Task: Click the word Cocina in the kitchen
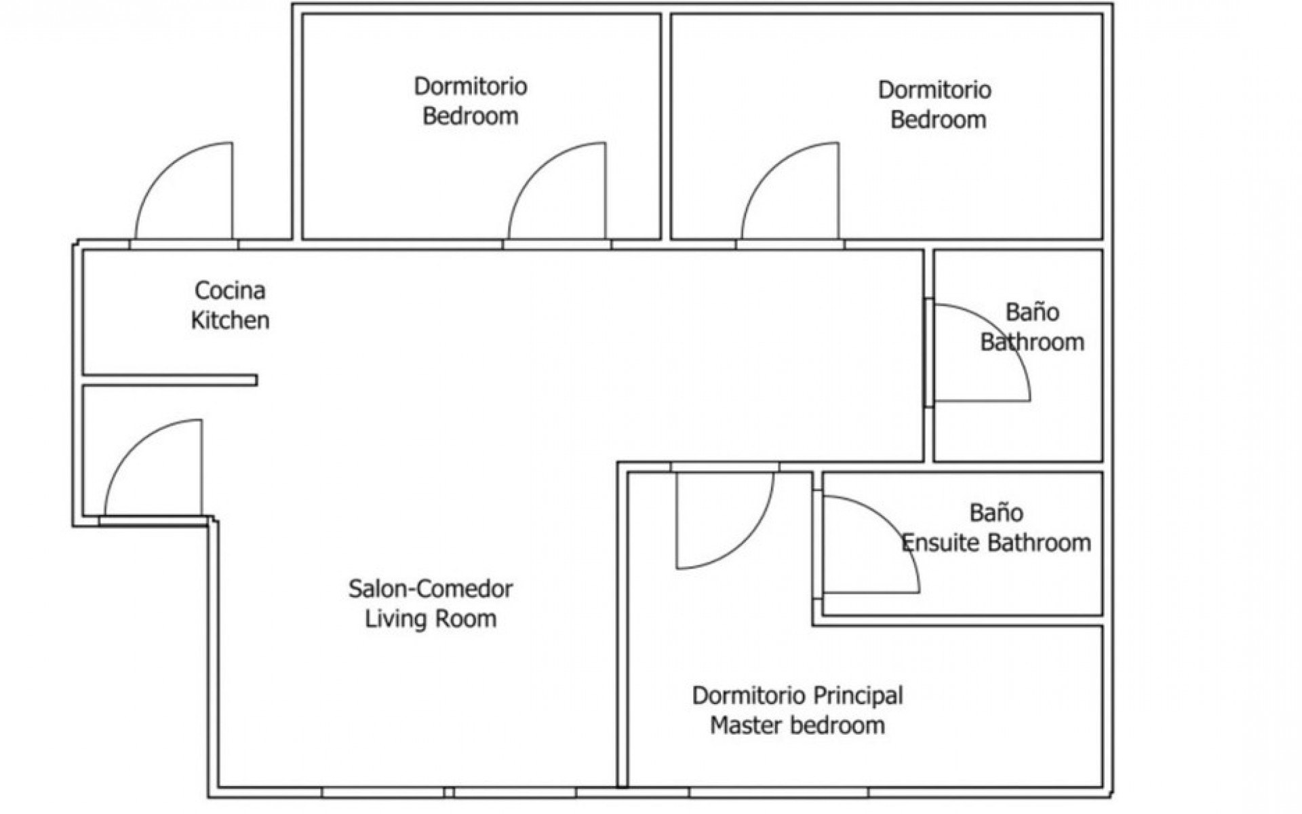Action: coord(230,290)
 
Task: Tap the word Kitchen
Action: coord(230,320)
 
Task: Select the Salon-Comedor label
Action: coord(431,588)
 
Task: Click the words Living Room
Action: coord(431,618)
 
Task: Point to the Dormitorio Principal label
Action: coord(797,695)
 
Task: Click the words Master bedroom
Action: coord(797,725)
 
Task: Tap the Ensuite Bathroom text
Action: coord(996,543)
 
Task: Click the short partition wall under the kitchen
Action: coord(170,380)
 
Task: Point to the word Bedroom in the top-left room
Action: coord(470,116)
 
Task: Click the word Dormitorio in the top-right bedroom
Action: coord(934,90)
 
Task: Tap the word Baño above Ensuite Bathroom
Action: coord(996,512)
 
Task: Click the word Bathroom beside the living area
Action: coord(1032,342)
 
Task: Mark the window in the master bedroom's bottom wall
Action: coord(778,792)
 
